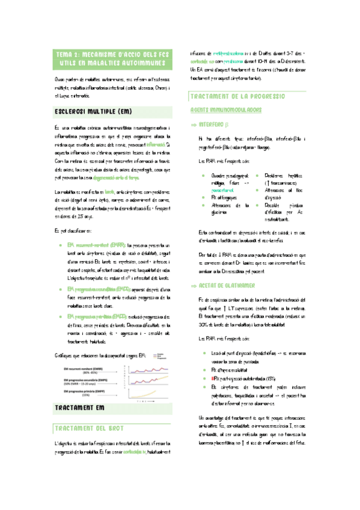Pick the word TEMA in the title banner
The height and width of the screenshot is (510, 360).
click(x=65, y=54)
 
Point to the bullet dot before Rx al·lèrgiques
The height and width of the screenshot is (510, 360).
click(x=204, y=197)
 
